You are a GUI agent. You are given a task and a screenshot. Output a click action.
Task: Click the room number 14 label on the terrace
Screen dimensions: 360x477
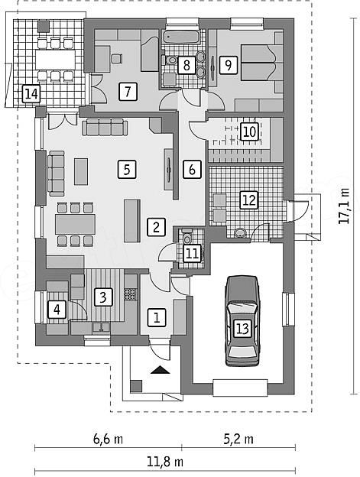coord(31,94)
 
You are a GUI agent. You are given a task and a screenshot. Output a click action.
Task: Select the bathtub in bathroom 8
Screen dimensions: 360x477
coord(180,37)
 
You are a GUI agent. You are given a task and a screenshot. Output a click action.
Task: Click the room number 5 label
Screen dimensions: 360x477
coord(127,170)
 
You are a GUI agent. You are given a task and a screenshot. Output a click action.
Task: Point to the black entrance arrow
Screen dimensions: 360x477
coord(161,370)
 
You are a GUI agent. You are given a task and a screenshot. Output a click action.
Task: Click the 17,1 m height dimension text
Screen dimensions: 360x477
coord(344,206)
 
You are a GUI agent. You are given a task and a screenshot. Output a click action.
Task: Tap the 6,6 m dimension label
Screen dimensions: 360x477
coord(108,440)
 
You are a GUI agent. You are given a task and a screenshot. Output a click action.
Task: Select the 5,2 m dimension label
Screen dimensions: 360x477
coord(238,440)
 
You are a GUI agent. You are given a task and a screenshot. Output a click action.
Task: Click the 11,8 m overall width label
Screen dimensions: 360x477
coord(165,462)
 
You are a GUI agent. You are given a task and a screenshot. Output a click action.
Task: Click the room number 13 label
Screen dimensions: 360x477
coord(242,329)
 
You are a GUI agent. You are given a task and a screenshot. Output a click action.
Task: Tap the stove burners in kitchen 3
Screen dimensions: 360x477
coord(131,294)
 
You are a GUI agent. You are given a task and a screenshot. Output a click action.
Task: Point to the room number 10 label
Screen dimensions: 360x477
coord(249,131)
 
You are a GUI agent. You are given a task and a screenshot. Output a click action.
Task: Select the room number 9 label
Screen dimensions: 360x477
coord(228,64)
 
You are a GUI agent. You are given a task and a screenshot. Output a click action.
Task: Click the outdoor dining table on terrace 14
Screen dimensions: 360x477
coord(55,60)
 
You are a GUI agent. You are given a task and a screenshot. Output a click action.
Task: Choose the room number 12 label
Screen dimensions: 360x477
coord(249,200)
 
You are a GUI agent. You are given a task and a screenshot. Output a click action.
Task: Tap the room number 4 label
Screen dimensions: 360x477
coord(57,310)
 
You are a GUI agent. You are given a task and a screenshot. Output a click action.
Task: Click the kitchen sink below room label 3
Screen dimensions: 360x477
coord(101,327)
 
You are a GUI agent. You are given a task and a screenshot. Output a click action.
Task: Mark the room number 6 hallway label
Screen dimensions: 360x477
coord(192,169)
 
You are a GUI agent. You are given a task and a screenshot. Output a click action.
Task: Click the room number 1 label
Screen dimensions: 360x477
coord(157,318)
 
